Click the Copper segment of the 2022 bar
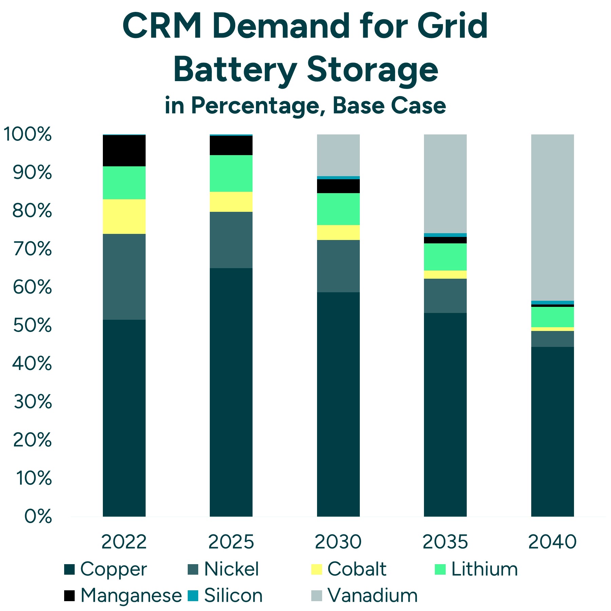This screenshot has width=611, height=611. (x=124, y=418)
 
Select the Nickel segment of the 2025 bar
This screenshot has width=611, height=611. (x=231, y=240)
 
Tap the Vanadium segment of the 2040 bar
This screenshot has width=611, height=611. (x=552, y=217)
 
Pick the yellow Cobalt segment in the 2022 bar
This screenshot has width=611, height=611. (x=124, y=216)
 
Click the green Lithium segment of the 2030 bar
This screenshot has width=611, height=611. (x=338, y=209)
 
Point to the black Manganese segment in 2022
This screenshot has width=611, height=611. (x=124, y=150)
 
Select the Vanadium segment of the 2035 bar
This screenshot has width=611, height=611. (x=445, y=183)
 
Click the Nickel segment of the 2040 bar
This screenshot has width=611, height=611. (x=552, y=338)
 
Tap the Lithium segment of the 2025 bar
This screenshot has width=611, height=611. (x=231, y=173)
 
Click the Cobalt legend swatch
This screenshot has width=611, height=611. (x=316, y=569)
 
